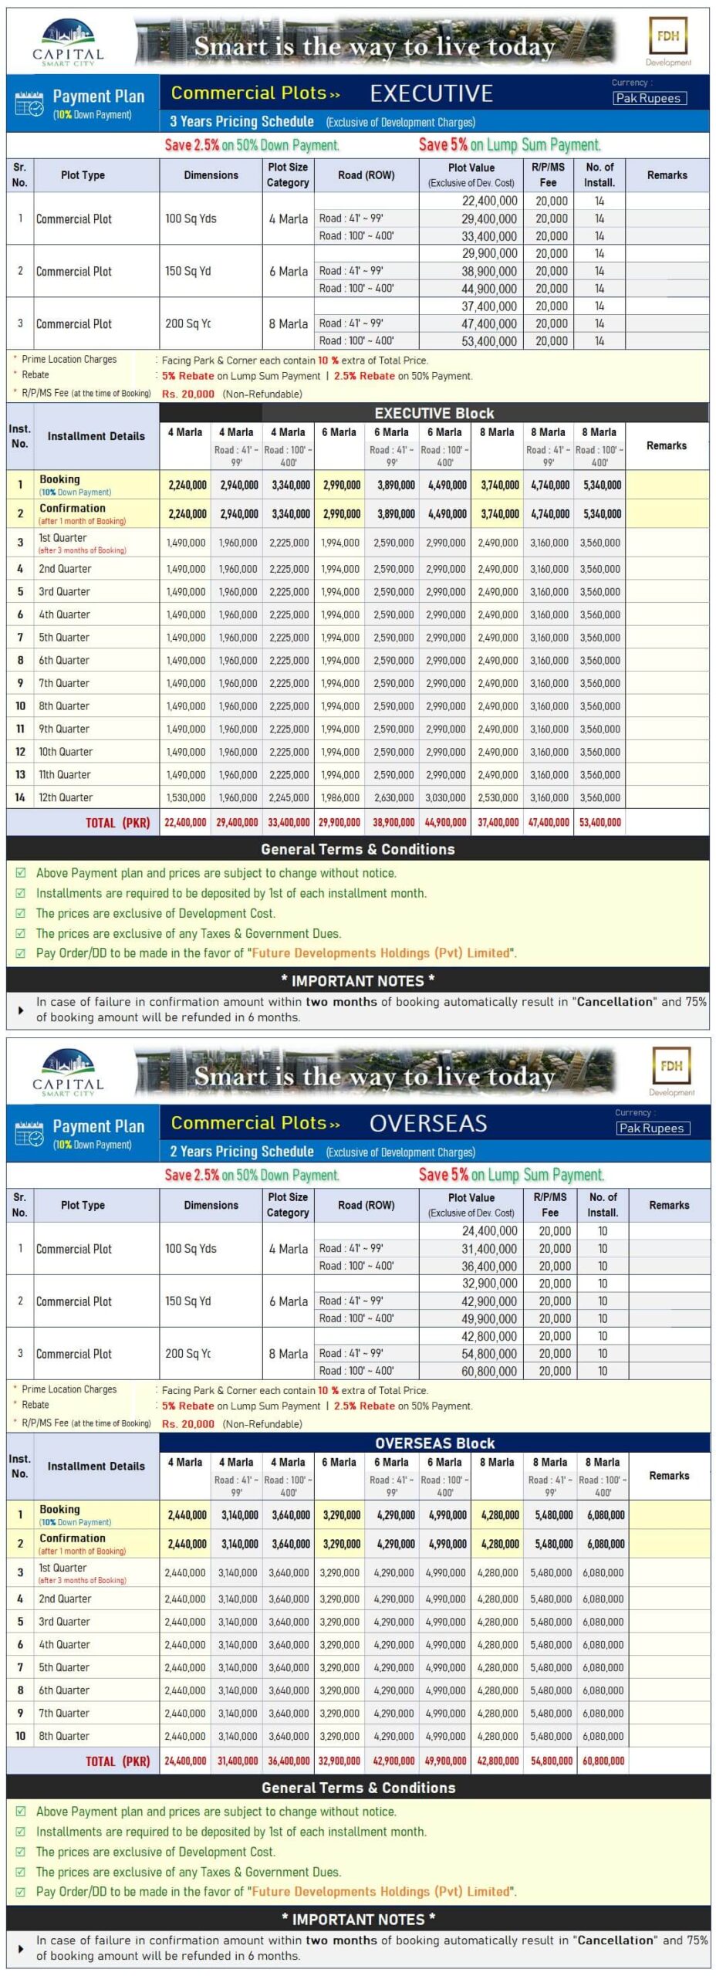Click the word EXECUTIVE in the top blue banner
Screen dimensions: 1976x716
[x=431, y=93]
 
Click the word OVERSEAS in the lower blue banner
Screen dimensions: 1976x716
[x=428, y=1123]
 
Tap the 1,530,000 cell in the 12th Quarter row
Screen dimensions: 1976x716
[x=186, y=797]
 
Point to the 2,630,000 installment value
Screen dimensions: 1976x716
[x=393, y=797]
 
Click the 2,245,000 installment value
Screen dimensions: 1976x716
[x=289, y=797]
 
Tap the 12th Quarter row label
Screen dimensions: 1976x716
[x=66, y=797]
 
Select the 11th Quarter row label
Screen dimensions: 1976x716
[x=65, y=774]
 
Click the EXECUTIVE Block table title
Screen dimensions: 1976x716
[x=434, y=413]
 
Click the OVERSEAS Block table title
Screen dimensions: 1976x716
[x=434, y=1443]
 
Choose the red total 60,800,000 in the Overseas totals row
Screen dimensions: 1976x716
[x=603, y=1761]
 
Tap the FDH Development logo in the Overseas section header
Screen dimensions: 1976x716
[x=670, y=1071]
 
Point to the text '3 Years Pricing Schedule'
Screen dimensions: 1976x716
[x=241, y=121]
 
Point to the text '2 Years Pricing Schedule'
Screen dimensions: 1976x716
[x=241, y=1152]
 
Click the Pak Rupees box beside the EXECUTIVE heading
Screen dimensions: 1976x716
[x=648, y=98]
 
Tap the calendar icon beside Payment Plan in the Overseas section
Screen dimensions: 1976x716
[x=29, y=1134]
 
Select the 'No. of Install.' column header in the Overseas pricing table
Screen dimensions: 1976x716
[x=603, y=1204]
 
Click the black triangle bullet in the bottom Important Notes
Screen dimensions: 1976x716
[x=21, y=1948]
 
